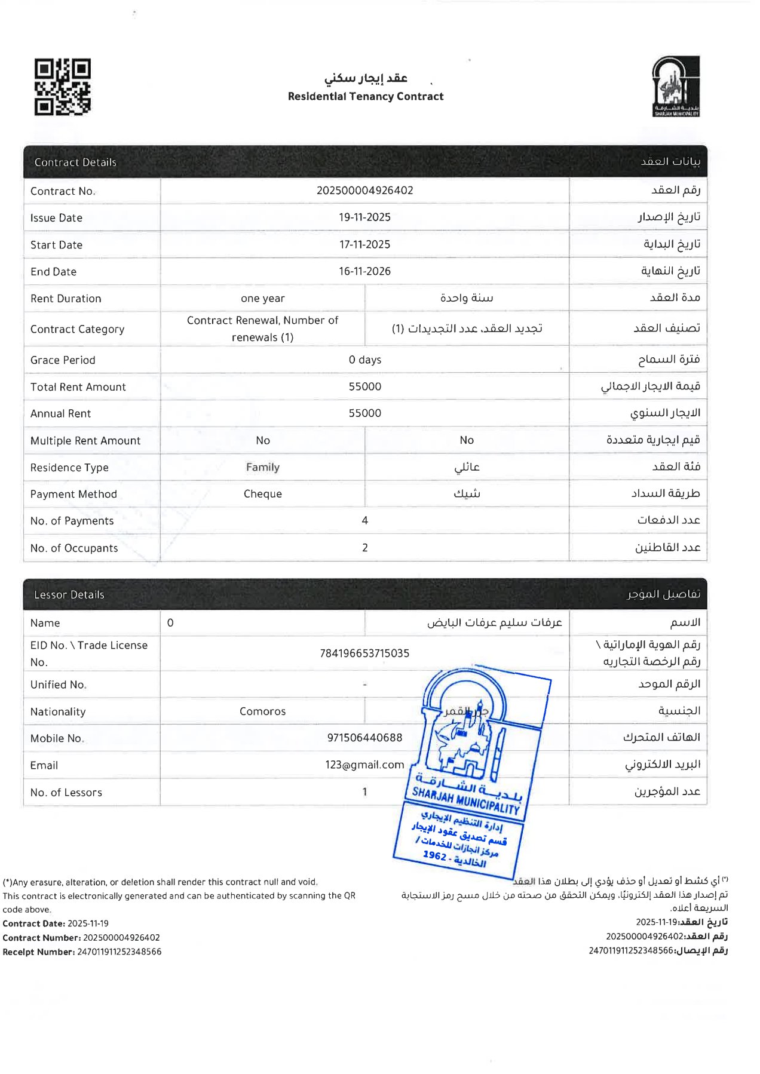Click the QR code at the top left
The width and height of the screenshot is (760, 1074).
pos(62,87)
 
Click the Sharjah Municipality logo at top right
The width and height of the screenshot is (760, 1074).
pos(676,86)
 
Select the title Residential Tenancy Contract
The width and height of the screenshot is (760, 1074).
pos(366,96)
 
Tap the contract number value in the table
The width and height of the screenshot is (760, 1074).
pos(364,191)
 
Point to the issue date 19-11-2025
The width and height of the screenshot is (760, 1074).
pos(364,217)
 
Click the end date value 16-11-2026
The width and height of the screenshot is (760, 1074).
pos(364,271)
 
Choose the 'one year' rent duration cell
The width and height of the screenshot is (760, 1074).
pos(262,298)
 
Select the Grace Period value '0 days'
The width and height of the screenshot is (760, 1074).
pos(364,360)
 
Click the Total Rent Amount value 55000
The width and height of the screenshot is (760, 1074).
pos(364,386)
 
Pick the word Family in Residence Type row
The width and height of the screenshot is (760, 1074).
pos(262,467)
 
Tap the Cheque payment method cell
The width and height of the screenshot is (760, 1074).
pos(262,494)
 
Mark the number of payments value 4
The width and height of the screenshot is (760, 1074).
pos(364,520)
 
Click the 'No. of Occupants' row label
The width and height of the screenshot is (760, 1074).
pos(74,548)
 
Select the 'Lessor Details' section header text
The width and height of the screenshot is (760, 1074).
pos(69,594)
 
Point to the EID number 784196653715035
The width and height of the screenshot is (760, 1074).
pos(364,653)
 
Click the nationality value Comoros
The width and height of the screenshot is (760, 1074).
pos(262,711)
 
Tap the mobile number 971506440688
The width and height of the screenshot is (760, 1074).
pos(364,738)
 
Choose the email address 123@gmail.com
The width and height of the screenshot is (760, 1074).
pos(364,765)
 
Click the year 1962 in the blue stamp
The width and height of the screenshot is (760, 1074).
pos(434,855)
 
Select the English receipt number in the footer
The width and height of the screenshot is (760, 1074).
pos(119,952)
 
